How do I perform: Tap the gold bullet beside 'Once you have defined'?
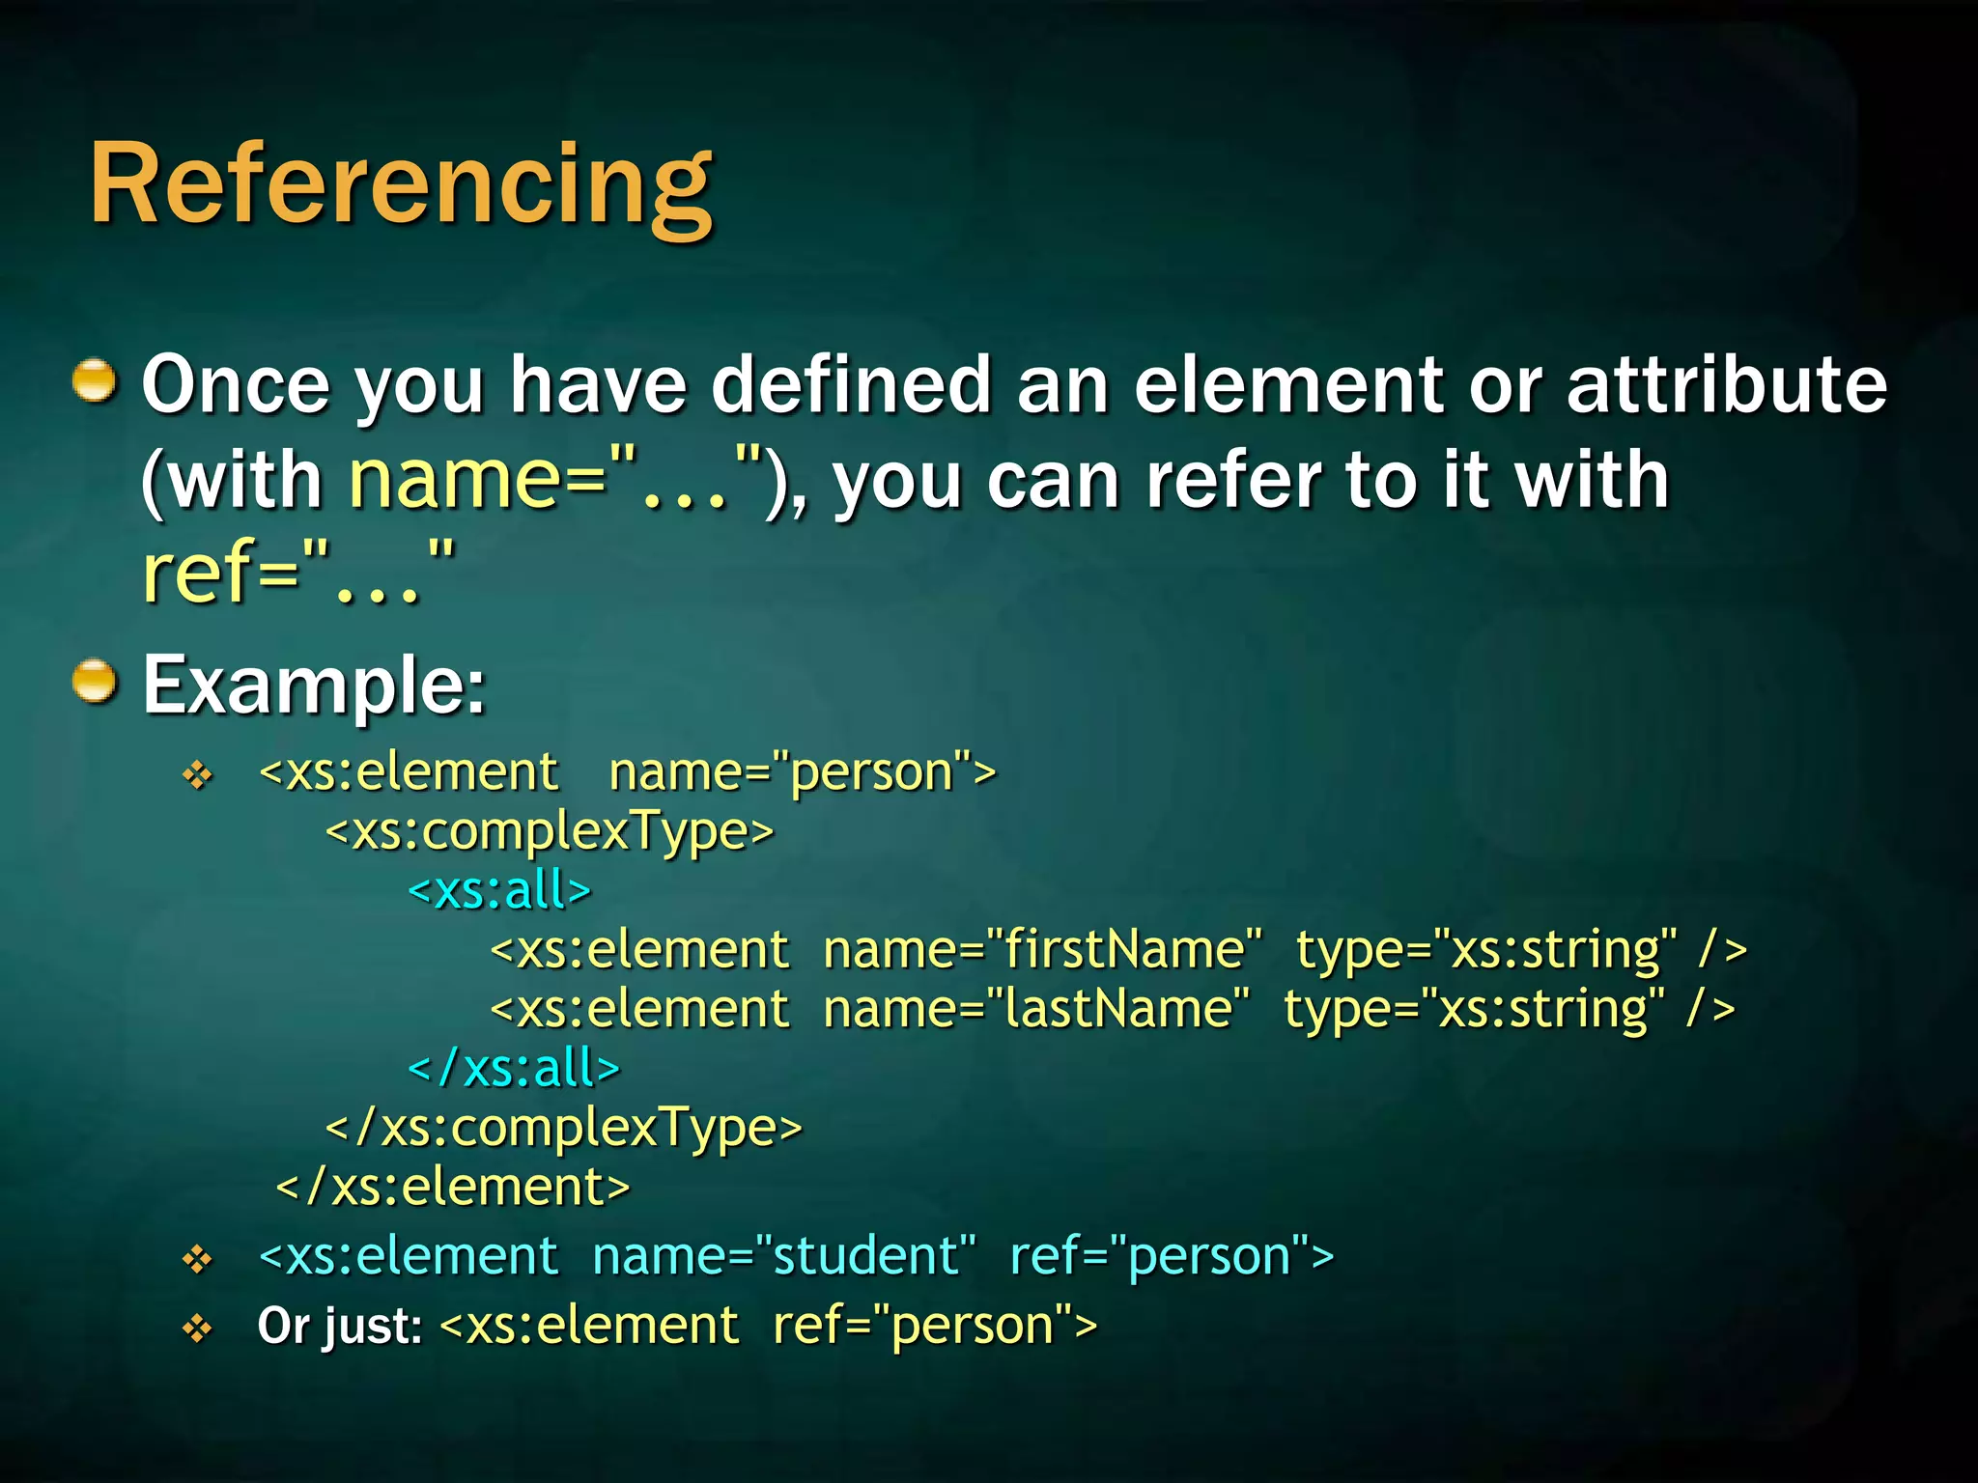tap(95, 380)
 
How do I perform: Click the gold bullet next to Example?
tap(95, 682)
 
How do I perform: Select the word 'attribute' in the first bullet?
tap(1726, 384)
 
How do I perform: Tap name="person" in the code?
tap(802, 772)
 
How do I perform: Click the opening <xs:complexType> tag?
tap(550, 831)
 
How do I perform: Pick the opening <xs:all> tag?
tap(499, 890)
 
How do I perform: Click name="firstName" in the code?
tap(1042, 950)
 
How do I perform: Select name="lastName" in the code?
tap(1036, 1010)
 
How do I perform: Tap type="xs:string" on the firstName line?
tap(1485, 950)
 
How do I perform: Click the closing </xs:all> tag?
tap(514, 1068)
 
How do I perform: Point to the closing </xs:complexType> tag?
tap(564, 1128)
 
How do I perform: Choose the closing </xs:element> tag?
tap(453, 1187)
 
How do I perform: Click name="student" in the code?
tap(783, 1256)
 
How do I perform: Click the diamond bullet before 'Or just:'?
tap(198, 1329)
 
